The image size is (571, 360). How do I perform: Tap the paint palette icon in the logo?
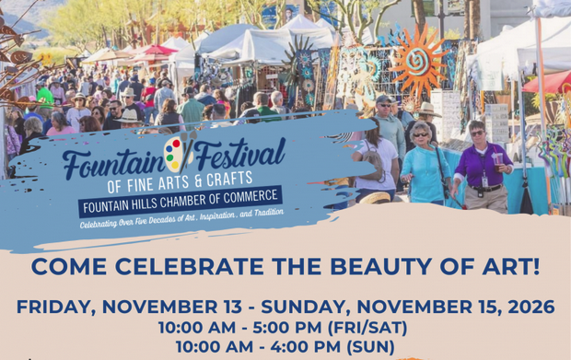[174, 154]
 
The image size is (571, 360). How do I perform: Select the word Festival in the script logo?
[238, 152]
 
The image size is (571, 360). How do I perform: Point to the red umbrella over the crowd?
[152, 51]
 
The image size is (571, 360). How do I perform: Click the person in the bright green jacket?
[44, 97]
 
